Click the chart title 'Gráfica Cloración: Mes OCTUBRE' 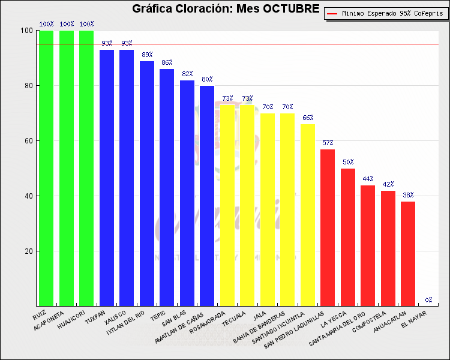coord(226,9)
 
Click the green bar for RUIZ coord(46,168)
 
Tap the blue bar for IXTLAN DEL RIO coord(147,183)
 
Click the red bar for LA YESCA coord(348,237)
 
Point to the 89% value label coord(147,55)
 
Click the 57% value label coord(328,143)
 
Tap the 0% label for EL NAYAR coord(428,300)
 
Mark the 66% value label coord(308,118)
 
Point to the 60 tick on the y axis coord(28,141)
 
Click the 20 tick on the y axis coord(28,251)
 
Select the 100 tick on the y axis coord(26,31)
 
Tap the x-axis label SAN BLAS coord(174,319)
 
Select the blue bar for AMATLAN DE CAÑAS coord(207,196)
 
